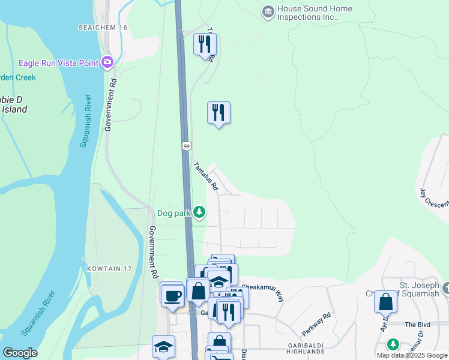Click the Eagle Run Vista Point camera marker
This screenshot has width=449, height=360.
[107, 62]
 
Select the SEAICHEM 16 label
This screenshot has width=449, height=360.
[103, 28]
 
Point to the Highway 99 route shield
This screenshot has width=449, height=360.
[186, 146]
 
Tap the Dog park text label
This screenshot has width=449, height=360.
[174, 212]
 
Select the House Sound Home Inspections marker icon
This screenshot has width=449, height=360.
[268, 12]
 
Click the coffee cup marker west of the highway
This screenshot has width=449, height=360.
[172, 296]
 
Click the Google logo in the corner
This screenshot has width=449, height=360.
[20, 353]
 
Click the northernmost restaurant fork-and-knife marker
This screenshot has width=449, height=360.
[205, 44]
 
